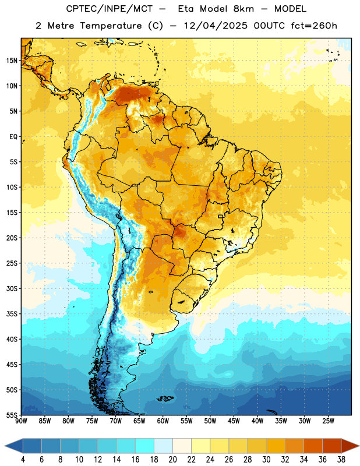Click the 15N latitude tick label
(12, 61)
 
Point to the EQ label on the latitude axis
(13, 137)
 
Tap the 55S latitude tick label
(12, 415)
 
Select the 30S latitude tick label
(12, 288)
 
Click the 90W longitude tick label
(21, 421)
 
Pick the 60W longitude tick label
(163, 421)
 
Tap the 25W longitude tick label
(328, 421)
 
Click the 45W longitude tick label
(234, 421)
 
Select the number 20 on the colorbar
(172, 460)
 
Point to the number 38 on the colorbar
(341, 460)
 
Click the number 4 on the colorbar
(23, 460)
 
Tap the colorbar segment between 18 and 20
(163, 446)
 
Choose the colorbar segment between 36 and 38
(332, 446)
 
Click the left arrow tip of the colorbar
(5, 446)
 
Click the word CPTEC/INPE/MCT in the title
(109, 9)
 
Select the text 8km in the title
(243, 9)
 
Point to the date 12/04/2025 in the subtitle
(216, 26)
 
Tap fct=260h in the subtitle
(314, 26)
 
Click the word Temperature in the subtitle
(111, 26)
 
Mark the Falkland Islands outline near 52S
(165, 398)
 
